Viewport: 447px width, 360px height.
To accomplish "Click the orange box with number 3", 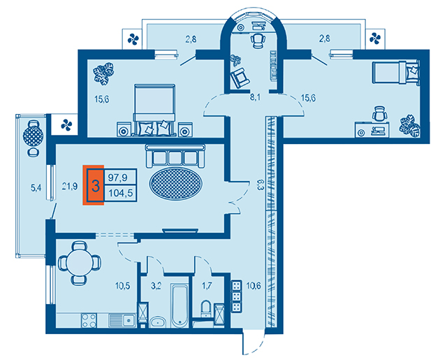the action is (x=93, y=185).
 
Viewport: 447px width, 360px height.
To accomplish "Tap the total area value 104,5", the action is (x=121, y=193).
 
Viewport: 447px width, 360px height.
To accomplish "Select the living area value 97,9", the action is (x=117, y=178).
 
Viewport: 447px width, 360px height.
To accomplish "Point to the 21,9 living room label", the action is (x=70, y=187).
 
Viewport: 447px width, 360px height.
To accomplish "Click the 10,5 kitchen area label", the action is (x=123, y=285).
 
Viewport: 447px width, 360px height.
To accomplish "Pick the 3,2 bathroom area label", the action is (x=156, y=285).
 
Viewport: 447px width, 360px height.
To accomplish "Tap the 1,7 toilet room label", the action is (x=207, y=285).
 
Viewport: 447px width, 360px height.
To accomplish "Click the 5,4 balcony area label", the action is (x=36, y=187).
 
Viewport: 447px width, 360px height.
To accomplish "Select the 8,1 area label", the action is (x=256, y=97).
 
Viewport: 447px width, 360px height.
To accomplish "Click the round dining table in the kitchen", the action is (x=80, y=263).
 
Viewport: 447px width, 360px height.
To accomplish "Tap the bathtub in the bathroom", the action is (x=180, y=305).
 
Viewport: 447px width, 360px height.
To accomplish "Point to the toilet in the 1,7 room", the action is (x=206, y=309).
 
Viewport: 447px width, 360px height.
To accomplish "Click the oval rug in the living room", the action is (x=176, y=183).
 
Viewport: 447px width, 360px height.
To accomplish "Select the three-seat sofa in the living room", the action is (x=175, y=156).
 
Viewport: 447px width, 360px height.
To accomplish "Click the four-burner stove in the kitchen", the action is (x=89, y=321).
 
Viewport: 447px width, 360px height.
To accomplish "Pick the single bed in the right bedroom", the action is (x=396, y=73).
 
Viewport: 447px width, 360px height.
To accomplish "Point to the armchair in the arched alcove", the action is (x=240, y=77).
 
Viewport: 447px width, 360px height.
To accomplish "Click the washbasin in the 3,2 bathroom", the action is (x=158, y=322).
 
